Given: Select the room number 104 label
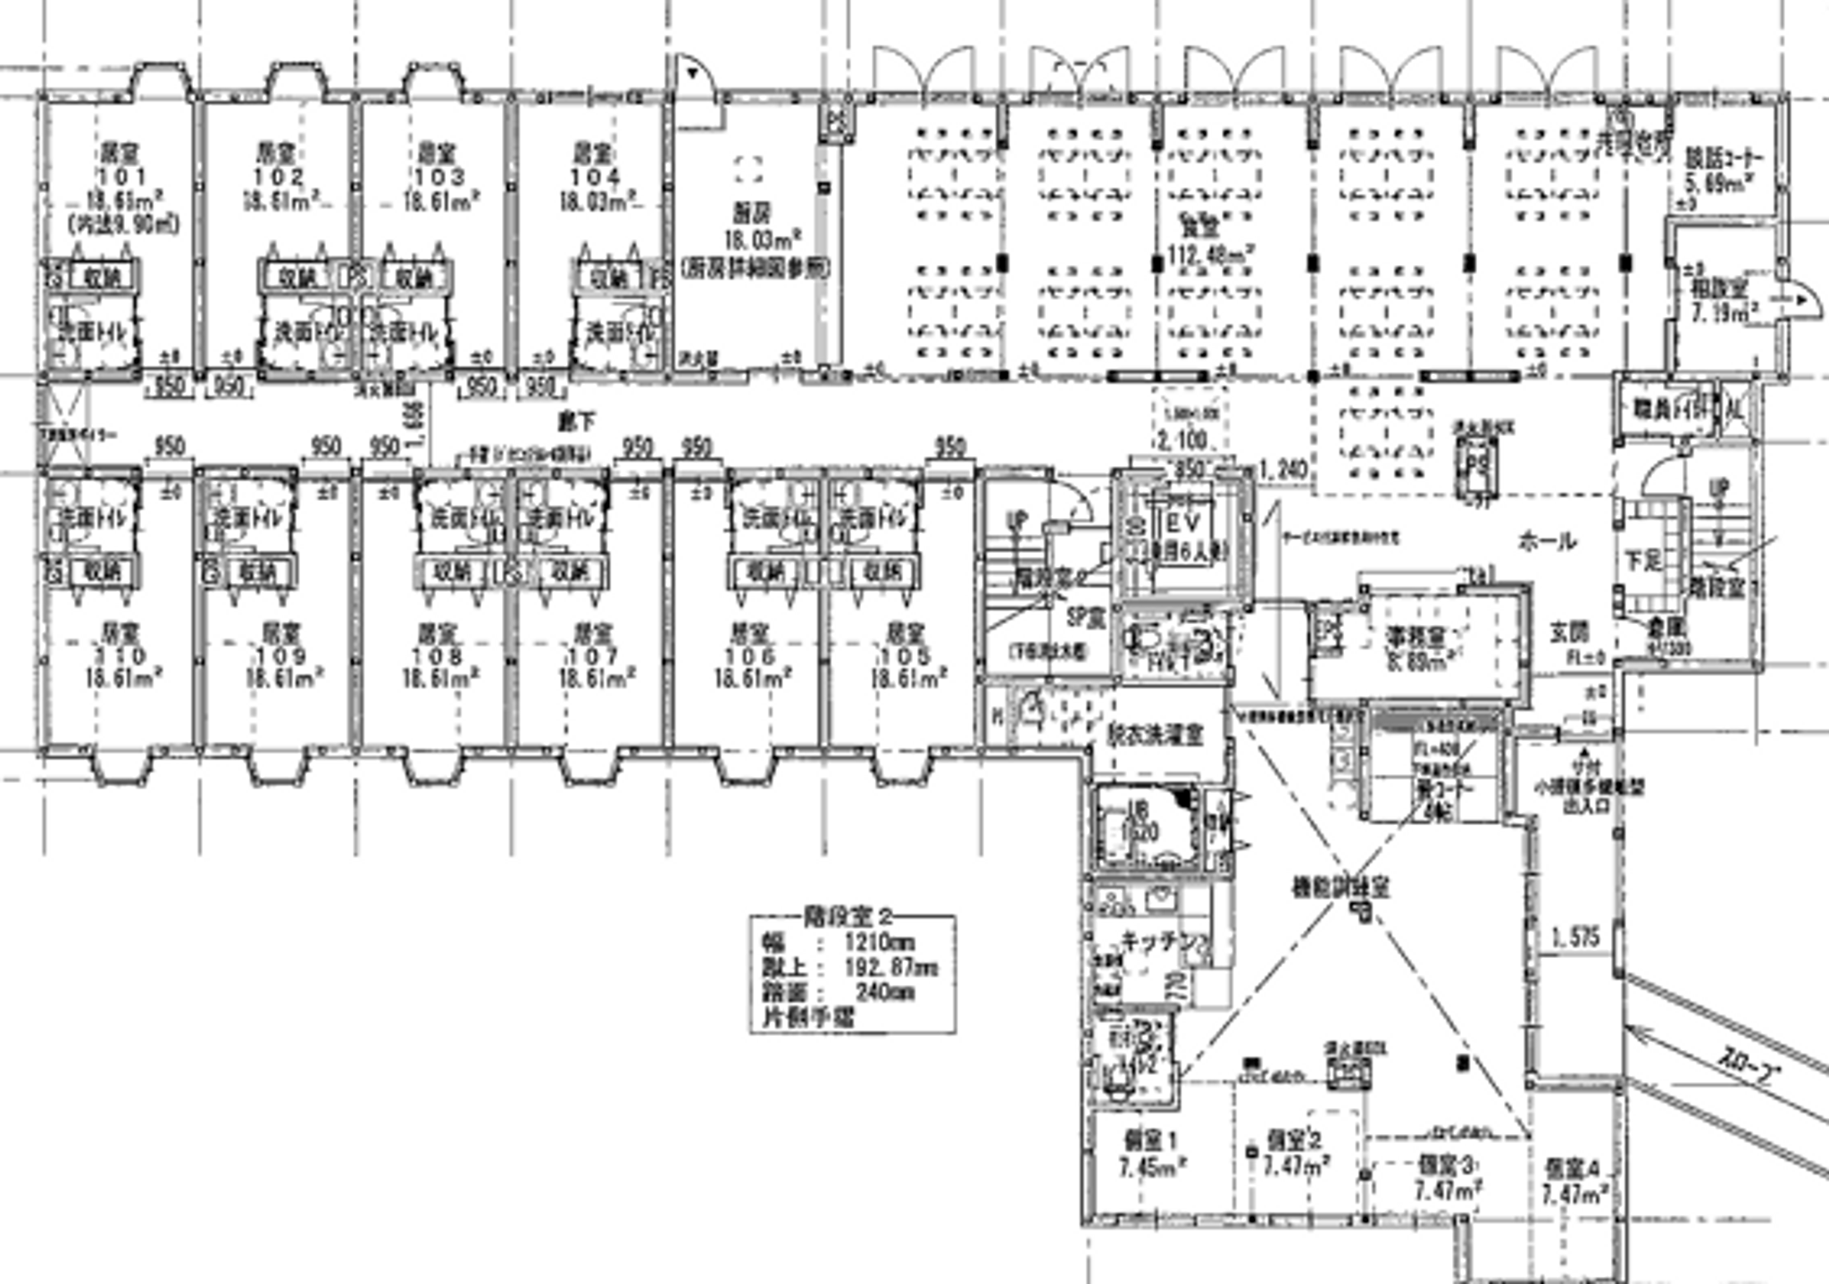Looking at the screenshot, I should [x=595, y=177].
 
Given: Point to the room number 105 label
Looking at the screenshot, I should [x=906, y=657].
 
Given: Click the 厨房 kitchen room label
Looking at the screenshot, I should [x=753, y=213].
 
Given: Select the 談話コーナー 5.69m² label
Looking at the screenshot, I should [x=1723, y=171].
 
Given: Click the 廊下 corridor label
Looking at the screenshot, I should [x=577, y=421].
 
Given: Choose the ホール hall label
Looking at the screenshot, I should [x=1546, y=540].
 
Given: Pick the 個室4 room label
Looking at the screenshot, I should [x=1575, y=1168].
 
